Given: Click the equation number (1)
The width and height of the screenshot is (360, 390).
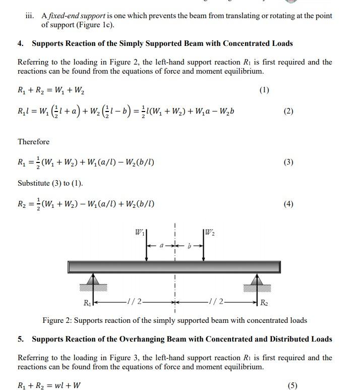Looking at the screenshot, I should click(264, 90).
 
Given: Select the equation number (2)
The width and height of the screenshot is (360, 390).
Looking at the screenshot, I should click(288, 111).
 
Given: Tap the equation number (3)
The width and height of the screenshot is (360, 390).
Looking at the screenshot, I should click(288, 162).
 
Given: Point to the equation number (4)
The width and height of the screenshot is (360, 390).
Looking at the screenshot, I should click(288, 204).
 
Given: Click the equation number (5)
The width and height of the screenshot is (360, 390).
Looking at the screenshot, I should click(292, 385).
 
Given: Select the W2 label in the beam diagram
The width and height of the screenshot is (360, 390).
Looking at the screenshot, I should click(210, 233).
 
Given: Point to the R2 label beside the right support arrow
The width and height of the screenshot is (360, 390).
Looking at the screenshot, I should click(264, 303).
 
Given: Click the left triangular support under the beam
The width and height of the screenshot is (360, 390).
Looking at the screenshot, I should click(93, 281).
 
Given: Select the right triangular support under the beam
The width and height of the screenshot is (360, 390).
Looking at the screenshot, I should click(258, 281).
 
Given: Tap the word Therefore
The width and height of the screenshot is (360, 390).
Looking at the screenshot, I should click(33, 142).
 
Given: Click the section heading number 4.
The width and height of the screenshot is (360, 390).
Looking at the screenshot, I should click(21, 43).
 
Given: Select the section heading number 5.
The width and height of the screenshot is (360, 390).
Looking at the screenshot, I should click(21, 339).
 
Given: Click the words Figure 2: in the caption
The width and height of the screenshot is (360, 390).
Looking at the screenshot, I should click(59, 320).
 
